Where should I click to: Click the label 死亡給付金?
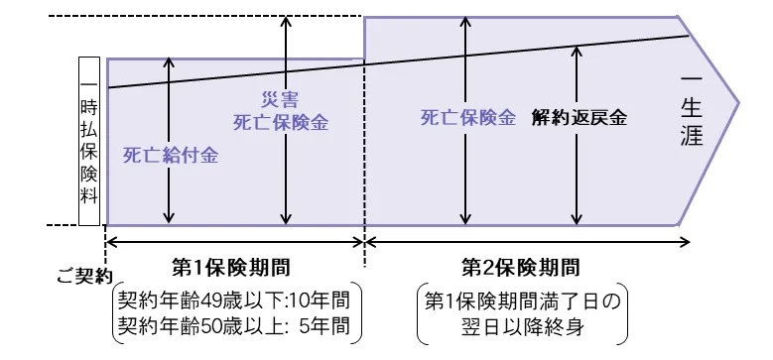click(x=170, y=155)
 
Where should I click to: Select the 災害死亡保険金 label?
click(x=280, y=112)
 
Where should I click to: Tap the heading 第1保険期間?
click(x=235, y=267)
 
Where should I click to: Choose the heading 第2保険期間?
click(x=520, y=267)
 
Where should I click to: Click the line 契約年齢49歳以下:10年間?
click(x=235, y=300)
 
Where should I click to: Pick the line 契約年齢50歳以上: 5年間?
click(x=235, y=325)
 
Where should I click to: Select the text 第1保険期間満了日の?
click(x=521, y=300)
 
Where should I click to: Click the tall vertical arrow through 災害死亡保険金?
click(x=286, y=60)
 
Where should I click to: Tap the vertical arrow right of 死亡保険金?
click(x=463, y=179)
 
